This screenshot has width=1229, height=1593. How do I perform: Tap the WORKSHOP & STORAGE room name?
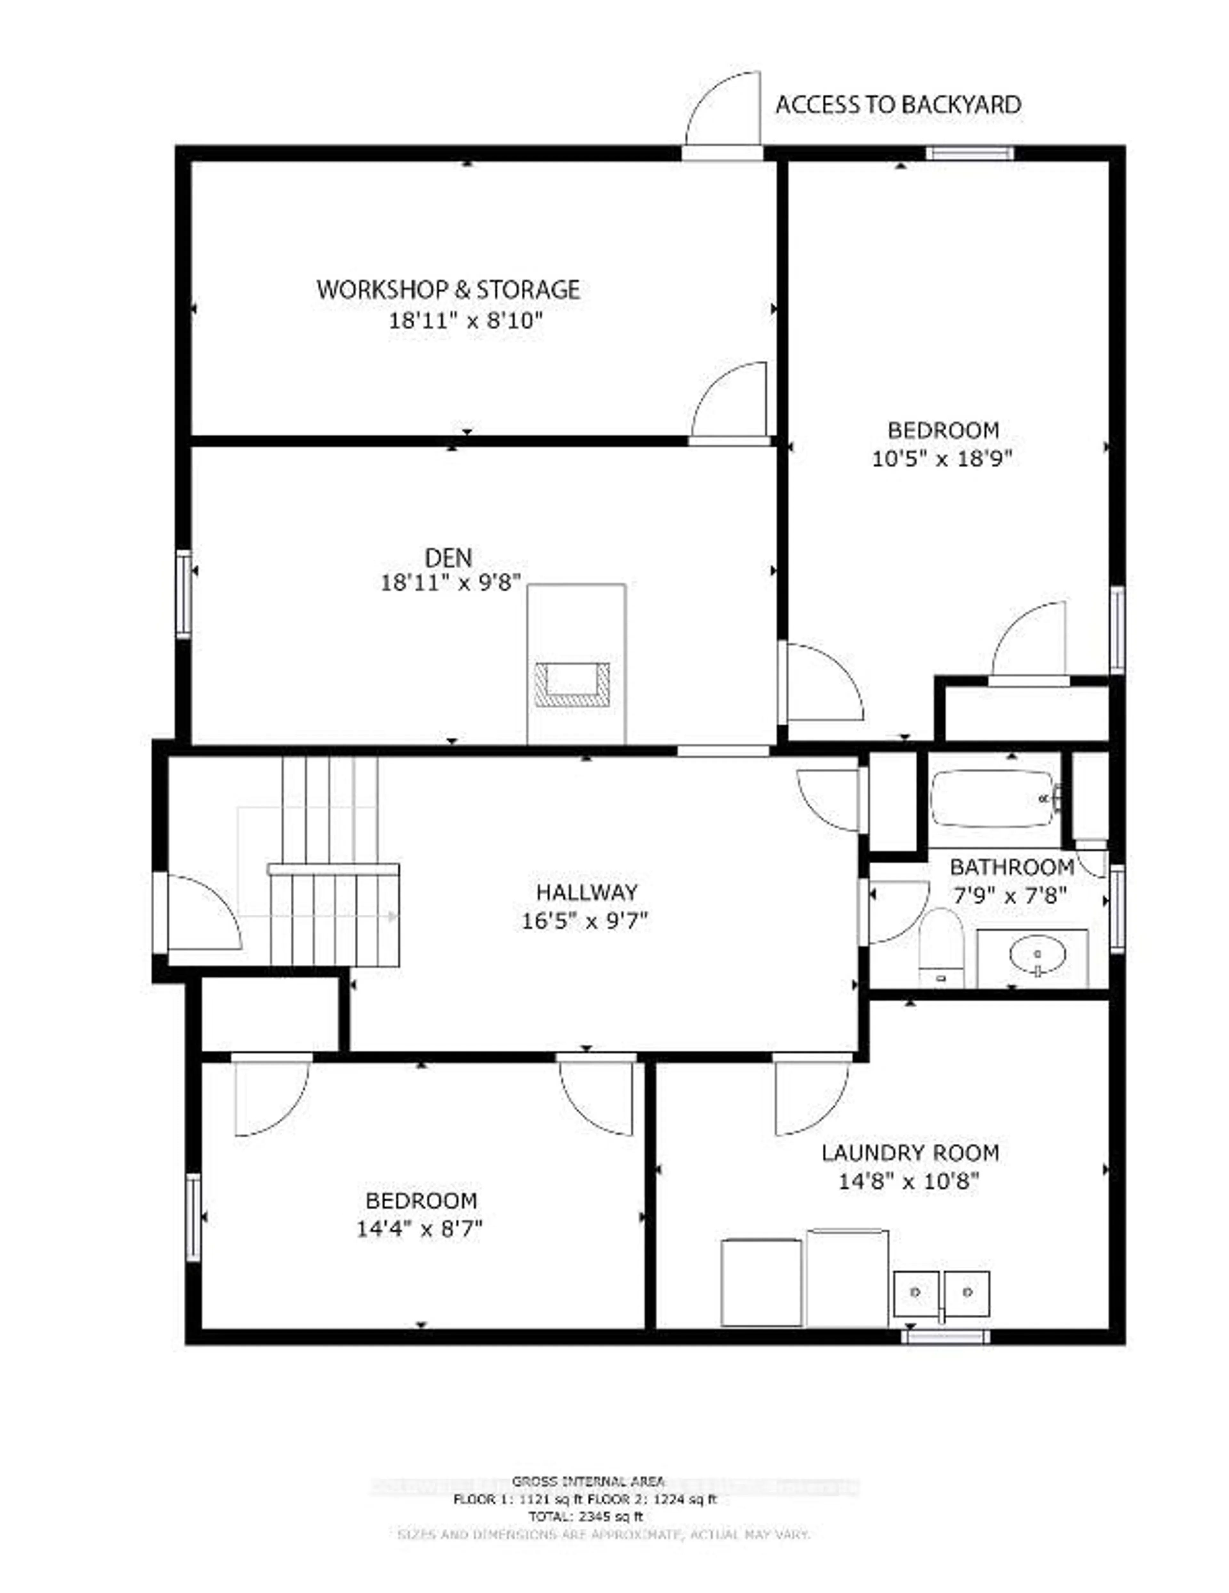click(x=448, y=290)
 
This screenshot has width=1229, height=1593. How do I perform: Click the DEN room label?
click(x=448, y=558)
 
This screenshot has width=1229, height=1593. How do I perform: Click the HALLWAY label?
click(x=587, y=892)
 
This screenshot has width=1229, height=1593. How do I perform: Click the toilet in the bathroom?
click(x=941, y=947)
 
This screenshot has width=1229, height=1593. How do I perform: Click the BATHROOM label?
click(x=1012, y=867)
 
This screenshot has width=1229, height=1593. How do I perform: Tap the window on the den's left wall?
click(x=184, y=594)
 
